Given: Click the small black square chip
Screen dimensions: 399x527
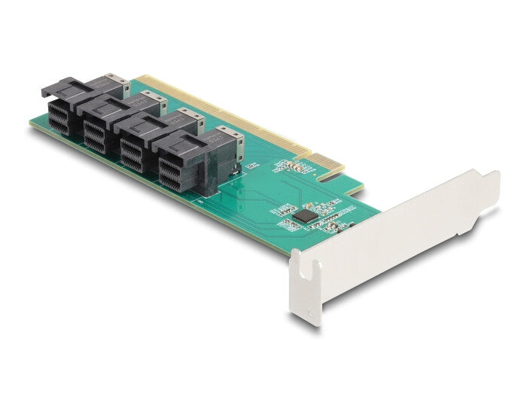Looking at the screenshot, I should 303,215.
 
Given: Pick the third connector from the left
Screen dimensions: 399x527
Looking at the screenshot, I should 151,143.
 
